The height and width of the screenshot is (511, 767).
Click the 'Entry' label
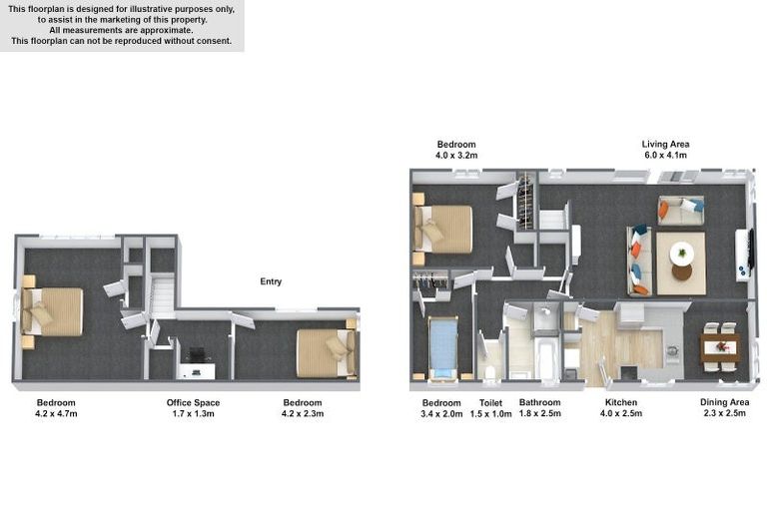coord(271,281)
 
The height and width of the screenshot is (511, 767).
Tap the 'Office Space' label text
coord(193,403)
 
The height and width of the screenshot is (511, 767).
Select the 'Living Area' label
coord(665,144)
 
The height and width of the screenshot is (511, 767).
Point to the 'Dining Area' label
coord(723,403)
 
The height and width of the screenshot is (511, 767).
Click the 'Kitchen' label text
coord(621,403)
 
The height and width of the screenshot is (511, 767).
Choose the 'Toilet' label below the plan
coord(490,403)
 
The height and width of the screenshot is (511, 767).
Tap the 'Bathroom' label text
coord(539,403)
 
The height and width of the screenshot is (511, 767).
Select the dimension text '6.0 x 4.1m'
coord(665,156)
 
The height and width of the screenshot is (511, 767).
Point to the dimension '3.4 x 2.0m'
coord(440,414)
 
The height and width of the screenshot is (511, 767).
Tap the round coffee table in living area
coord(681,252)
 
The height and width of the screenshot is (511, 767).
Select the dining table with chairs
coord(719,346)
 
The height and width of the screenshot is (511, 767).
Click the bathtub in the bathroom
coord(546,358)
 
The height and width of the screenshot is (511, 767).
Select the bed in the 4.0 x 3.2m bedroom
coord(443,229)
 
